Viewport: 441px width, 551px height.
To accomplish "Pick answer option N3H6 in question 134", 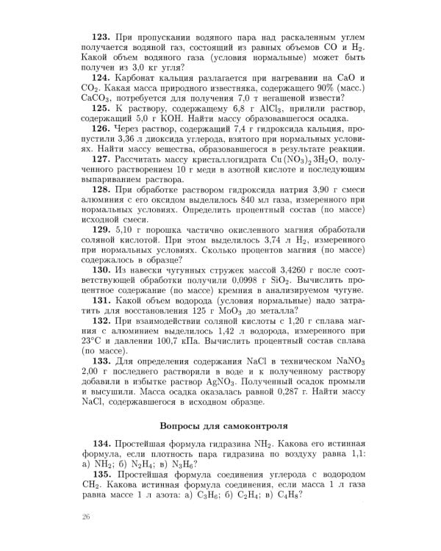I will click(193, 464).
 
